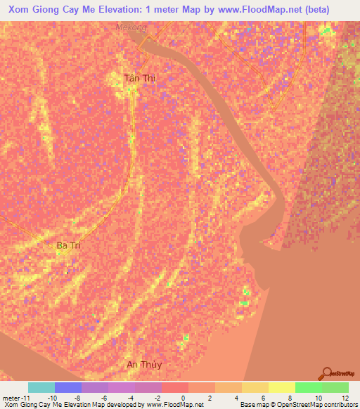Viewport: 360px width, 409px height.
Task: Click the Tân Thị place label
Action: click(x=139, y=79)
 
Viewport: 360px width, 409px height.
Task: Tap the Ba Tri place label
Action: click(x=69, y=245)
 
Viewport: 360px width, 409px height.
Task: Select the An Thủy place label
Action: click(x=143, y=365)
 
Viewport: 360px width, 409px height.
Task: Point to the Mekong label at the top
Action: click(x=131, y=27)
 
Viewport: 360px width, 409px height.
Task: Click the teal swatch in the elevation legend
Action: click(x=41, y=387)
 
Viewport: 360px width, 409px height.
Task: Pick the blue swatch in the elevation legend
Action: click(x=68, y=387)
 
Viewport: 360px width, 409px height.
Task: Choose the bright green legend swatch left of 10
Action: click(x=308, y=387)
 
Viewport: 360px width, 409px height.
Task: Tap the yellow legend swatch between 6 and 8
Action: click(x=281, y=387)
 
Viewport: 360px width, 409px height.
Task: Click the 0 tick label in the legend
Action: click(x=183, y=397)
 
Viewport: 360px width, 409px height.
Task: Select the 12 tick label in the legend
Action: click(x=344, y=397)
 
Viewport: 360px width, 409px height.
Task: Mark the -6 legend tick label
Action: click(x=103, y=397)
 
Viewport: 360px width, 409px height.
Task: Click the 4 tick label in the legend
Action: click(x=236, y=397)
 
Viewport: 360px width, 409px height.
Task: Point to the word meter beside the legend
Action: click(x=12, y=397)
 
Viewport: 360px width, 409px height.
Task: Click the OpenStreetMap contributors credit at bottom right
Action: click(x=320, y=404)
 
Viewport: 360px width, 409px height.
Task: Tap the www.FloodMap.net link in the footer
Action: click(x=175, y=404)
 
